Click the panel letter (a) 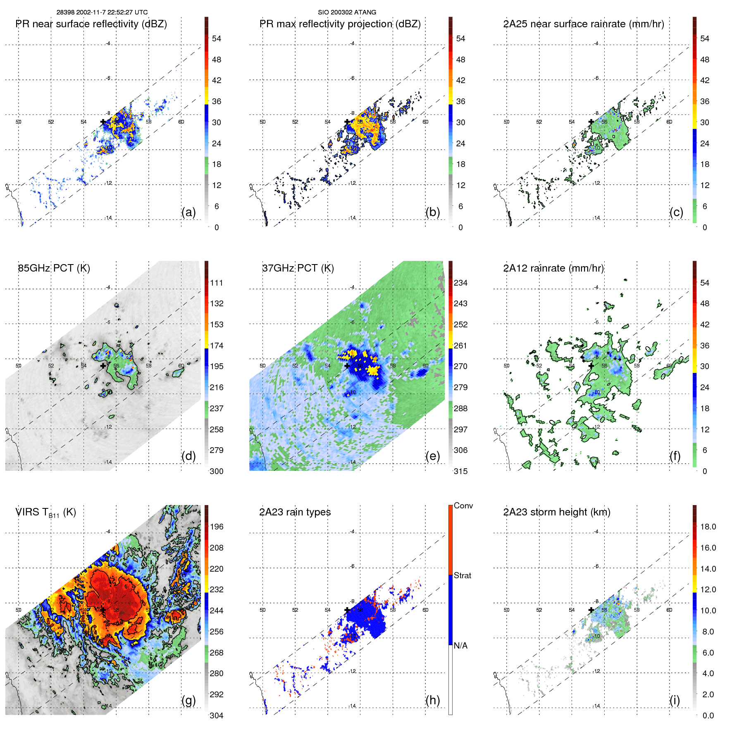coord(188,212)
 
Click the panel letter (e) coord(432,456)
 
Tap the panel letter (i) coord(675,700)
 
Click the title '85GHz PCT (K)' coord(54,268)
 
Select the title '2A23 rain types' coord(295,512)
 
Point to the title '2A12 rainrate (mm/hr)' coord(553,268)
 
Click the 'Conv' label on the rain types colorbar coord(463,505)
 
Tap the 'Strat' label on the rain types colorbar coord(462,575)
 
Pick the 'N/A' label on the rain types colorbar coord(460,646)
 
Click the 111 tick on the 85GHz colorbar coord(217,283)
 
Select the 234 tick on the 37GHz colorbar coord(460,283)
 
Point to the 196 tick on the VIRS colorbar coord(217,527)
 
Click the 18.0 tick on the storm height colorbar coord(708,527)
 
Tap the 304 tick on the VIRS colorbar coord(217,715)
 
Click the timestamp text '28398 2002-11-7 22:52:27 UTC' coord(102,12)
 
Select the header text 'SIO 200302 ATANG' coord(347,12)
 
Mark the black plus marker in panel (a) coord(103,122)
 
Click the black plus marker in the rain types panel coord(347,610)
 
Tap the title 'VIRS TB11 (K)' coord(45,513)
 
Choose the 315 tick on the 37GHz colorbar coord(460,471)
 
